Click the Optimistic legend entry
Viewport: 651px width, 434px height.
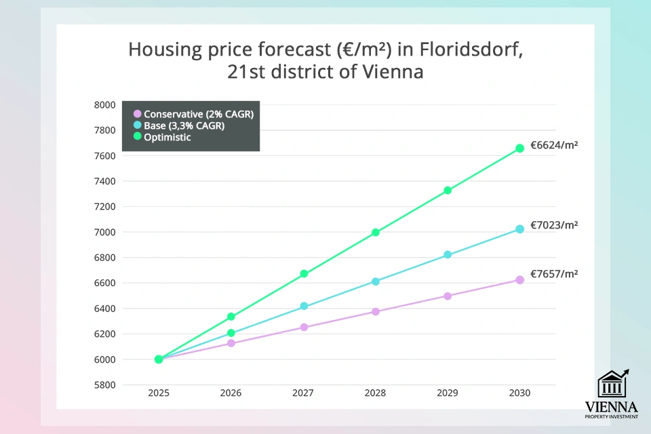pyautogui.click(x=167, y=137)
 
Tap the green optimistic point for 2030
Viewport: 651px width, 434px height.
pyautogui.click(x=520, y=148)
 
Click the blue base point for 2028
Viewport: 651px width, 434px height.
pyautogui.click(x=376, y=281)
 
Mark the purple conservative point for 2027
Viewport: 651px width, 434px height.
pyautogui.click(x=304, y=327)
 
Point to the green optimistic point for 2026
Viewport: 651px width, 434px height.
pyautogui.click(x=231, y=317)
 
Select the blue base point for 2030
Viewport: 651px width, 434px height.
pyautogui.click(x=520, y=229)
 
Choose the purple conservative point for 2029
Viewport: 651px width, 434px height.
pyautogui.click(x=448, y=296)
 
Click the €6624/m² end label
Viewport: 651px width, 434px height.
pyautogui.click(x=554, y=144)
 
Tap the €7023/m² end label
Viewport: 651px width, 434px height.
pyautogui.click(x=554, y=224)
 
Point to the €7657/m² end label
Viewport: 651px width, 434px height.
pyautogui.click(x=554, y=274)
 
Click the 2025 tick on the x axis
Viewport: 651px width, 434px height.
pyautogui.click(x=159, y=393)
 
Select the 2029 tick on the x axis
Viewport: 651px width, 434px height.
pyautogui.click(x=448, y=393)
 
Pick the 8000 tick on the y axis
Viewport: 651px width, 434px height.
pyautogui.click(x=104, y=105)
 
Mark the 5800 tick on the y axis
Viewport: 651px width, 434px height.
pyautogui.click(x=104, y=385)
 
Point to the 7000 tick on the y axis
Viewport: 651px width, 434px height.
pyautogui.click(x=104, y=233)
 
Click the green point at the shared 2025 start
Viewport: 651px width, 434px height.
pyautogui.click(x=159, y=359)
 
